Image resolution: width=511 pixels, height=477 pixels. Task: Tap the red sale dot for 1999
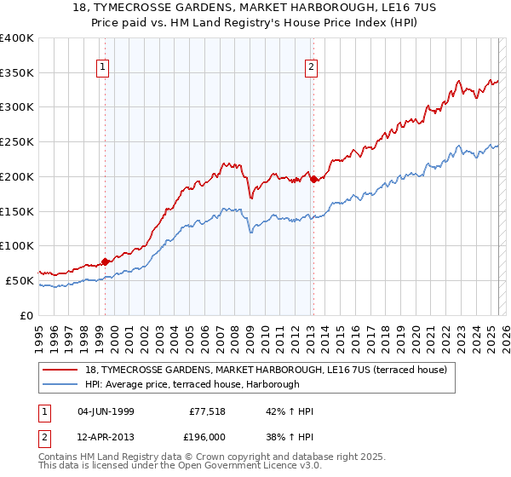(x=106, y=261)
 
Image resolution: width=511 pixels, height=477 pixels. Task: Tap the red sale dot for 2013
(x=313, y=179)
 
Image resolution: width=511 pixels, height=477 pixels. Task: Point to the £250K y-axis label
(x=17, y=141)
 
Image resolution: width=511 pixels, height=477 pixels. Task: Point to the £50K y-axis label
(x=20, y=280)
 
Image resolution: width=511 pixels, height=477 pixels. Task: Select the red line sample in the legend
(x=60, y=370)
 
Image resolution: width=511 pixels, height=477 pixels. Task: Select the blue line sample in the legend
(x=60, y=385)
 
